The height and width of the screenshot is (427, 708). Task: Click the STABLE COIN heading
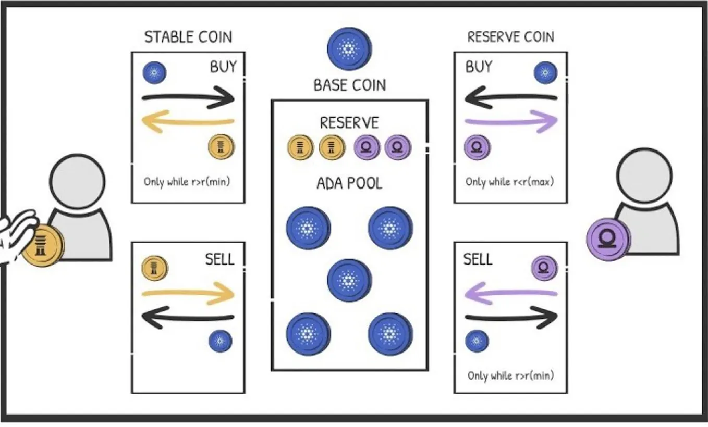tap(188, 37)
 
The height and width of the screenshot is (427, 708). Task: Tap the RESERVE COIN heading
tap(510, 37)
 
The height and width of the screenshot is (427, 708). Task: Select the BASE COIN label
tap(349, 85)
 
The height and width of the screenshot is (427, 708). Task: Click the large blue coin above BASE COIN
tap(349, 49)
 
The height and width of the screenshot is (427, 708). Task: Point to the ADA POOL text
tap(349, 183)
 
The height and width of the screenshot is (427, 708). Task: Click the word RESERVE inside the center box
tap(349, 123)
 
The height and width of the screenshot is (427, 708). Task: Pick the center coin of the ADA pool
tap(349, 280)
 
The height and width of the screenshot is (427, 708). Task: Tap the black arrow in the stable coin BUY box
tap(188, 97)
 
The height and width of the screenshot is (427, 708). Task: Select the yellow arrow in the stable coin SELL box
tap(188, 294)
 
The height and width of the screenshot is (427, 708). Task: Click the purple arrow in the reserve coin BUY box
tap(511, 123)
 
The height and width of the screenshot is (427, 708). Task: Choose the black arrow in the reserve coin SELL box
tap(511, 317)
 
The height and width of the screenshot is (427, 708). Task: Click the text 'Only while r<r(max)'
tap(509, 182)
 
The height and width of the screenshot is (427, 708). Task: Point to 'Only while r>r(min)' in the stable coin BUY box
tap(187, 182)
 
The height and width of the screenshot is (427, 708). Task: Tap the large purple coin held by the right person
tap(607, 239)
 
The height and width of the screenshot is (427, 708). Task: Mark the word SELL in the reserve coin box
tap(478, 259)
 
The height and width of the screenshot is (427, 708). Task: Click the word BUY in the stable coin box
tap(223, 67)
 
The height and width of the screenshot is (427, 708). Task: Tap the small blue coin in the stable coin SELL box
tap(220, 341)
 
